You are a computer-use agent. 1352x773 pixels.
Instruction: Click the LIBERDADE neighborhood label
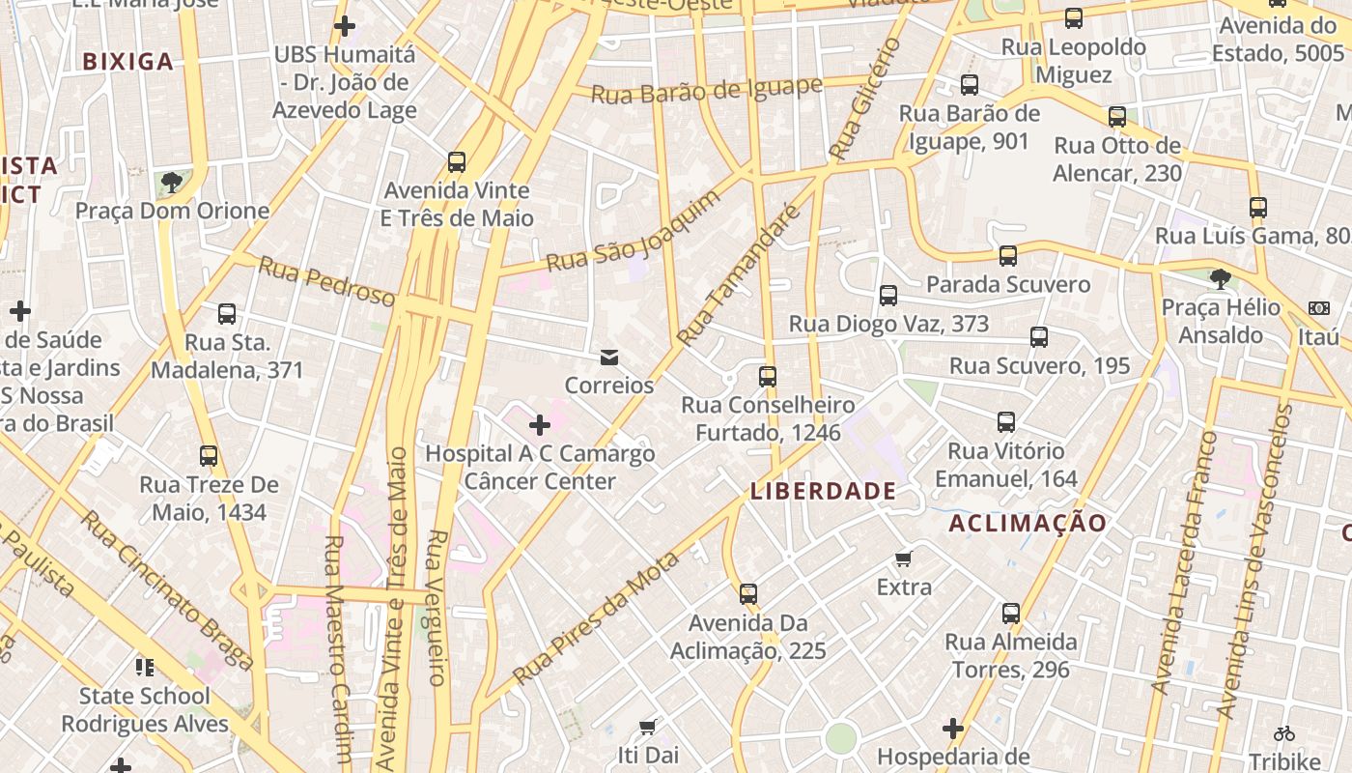[x=823, y=491]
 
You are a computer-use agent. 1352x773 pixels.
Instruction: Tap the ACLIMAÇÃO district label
[x=1028, y=524]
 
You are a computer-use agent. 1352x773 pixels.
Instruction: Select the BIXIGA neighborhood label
[x=127, y=62]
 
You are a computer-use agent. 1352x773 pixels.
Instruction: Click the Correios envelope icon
[x=609, y=358]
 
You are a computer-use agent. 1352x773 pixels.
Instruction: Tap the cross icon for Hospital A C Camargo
[x=540, y=425]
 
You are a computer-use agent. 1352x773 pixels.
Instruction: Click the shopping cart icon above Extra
[x=904, y=558]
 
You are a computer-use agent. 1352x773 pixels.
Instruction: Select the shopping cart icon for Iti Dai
[x=648, y=726]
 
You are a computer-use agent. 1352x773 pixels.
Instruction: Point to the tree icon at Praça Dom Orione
[x=172, y=182]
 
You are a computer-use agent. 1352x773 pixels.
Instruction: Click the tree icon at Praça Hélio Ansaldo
[x=1220, y=279]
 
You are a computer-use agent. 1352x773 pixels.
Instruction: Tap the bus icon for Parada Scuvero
[x=1007, y=256]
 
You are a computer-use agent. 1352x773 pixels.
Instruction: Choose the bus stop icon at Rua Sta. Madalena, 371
[x=227, y=314]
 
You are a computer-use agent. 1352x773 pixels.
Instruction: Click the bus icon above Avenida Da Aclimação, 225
[x=747, y=594]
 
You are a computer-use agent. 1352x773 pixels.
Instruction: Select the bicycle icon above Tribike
[x=1283, y=733]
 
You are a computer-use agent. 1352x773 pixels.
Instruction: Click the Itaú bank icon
[x=1318, y=308]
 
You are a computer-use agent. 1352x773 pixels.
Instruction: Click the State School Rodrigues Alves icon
[x=145, y=667]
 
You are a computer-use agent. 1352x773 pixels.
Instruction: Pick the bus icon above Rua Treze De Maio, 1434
[x=209, y=456]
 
